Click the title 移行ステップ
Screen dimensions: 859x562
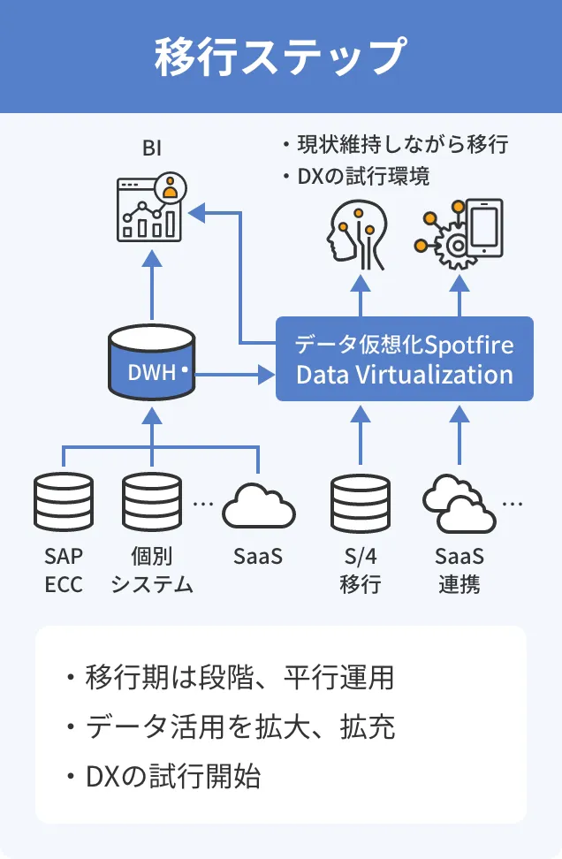point(280,57)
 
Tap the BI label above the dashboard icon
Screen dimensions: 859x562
point(152,148)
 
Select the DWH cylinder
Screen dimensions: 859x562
point(152,362)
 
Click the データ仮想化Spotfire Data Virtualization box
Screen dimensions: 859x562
point(405,359)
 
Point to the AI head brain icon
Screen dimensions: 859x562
point(359,233)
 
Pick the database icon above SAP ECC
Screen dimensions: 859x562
point(63,505)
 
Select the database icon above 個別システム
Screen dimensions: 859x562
point(152,505)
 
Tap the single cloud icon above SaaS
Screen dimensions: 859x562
point(258,507)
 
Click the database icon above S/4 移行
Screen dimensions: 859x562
point(360,505)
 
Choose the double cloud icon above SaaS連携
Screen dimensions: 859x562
point(459,506)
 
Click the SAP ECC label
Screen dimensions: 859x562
point(63,571)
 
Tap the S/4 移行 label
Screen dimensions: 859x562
point(360,571)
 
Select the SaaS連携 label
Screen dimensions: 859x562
point(459,571)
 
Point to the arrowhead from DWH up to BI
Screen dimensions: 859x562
point(152,257)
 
